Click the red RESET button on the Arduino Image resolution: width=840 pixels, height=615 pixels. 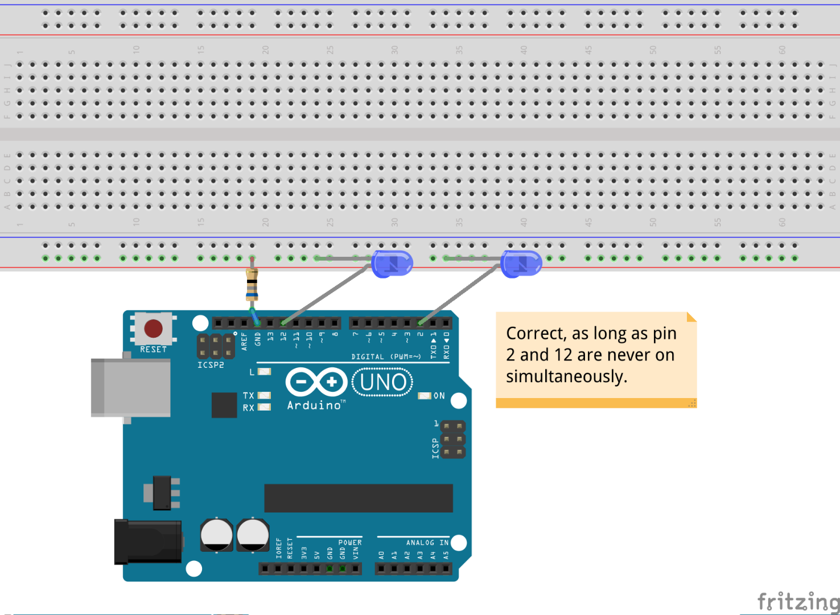[x=153, y=329]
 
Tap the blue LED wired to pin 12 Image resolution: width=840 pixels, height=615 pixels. [x=392, y=264]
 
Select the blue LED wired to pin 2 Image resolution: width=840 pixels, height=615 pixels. [x=521, y=264]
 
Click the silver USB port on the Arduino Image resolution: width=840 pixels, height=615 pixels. [x=130, y=388]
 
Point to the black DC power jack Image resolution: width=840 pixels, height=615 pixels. [x=148, y=542]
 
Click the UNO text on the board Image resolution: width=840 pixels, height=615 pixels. [x=383, y=382]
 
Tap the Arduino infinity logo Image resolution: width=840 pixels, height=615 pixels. [x=316, y=382]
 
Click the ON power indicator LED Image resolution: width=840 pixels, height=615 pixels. [x=425, y=396]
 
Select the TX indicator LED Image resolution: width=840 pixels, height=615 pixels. [x=264, y=395]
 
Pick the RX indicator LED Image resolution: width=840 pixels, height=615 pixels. [x=264, y=407]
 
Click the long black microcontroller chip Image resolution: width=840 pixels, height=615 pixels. [x=358, y=498]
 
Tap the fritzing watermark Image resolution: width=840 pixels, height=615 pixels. [x=797, y=601]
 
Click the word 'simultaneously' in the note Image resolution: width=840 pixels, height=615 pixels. [x=566, y=376]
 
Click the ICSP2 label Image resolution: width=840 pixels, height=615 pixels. [x=211, y=365]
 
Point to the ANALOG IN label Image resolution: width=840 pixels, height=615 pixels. [x=427, y=543]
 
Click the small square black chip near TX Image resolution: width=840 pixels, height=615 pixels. [x=224, y=405]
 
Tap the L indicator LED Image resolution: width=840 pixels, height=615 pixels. [x=264, y=372]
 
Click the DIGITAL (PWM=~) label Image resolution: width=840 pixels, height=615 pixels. [x=386, y=357]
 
